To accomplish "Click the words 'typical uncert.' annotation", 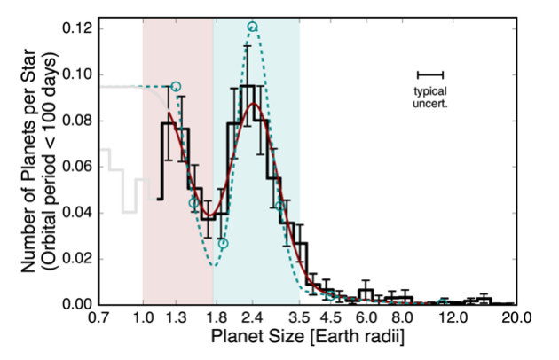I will [x=430, y=98].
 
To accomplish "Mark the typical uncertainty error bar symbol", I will [x=430, y=74].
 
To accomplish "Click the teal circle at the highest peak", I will [x=252, y=27].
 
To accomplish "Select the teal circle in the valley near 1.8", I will [x=223, y=243].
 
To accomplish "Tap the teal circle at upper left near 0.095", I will [x=176, y=86].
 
